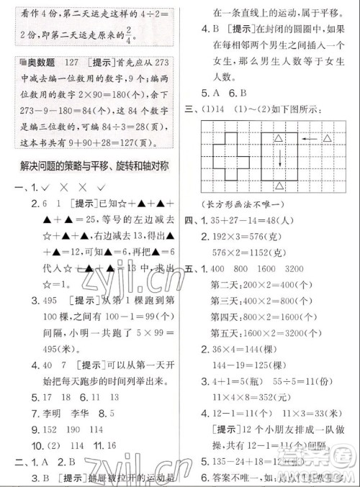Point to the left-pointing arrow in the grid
306,138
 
